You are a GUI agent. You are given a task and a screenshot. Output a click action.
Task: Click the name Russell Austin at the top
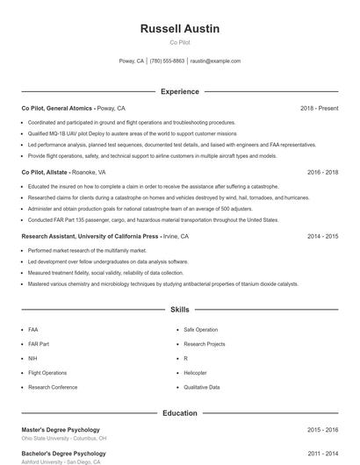(179, 29)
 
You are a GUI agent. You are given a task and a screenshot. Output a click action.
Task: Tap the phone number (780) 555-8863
(167, 61)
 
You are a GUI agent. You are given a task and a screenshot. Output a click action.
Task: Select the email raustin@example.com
(215, 61)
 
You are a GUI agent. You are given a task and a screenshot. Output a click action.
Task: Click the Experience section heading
(179, 91)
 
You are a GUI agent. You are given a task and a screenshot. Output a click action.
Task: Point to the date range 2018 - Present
(319, 108)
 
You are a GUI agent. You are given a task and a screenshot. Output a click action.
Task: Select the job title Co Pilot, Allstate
(46, 173)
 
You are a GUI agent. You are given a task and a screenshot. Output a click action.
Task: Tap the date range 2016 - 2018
(322, 173)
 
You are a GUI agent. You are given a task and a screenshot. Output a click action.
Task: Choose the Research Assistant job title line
(90, 236)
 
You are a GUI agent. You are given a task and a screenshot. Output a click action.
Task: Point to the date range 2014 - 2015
(322, 236)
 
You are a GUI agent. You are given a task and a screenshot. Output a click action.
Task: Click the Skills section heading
(179, 310)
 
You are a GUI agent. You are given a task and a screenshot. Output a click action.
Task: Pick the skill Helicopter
(195, 372)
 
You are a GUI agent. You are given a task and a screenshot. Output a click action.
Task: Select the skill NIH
(32, 358)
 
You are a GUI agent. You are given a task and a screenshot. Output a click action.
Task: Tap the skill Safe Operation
(200, 329)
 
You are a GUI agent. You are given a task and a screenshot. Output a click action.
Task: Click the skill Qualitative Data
(201, 387)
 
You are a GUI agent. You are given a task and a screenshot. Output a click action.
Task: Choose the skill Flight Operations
(47, 372)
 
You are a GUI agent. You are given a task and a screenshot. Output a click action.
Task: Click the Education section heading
(179, 412)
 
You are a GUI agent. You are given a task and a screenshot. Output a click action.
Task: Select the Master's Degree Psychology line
(61, 430)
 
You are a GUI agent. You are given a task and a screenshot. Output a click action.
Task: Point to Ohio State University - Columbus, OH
(64, 438)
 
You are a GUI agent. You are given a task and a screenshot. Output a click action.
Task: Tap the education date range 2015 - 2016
(322, 430)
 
